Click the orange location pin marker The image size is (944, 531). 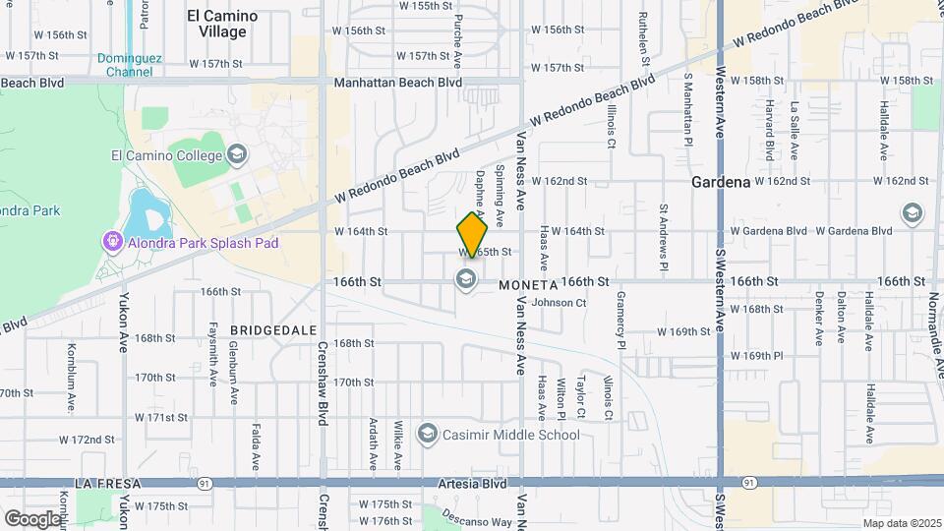472,235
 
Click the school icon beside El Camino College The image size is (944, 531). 236,154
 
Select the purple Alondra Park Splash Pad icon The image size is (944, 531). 112,242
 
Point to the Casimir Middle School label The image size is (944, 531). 510,434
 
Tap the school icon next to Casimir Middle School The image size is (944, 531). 427,434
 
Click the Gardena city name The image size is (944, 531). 721,182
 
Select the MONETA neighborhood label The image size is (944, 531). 528,285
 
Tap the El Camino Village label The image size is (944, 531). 222,24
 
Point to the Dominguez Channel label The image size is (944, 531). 124,65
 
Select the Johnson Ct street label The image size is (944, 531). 559,303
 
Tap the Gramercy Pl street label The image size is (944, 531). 621,320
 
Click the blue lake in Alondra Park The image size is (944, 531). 148,209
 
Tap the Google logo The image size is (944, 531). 33,518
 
